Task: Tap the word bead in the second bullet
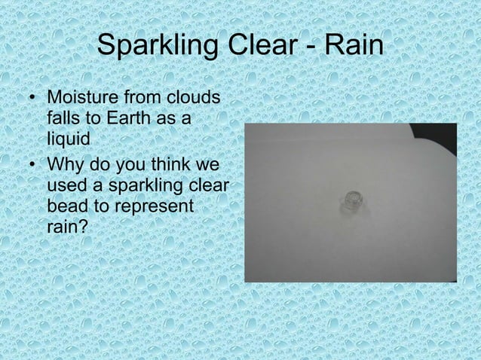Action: [66, 204]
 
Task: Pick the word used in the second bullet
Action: [66, 183]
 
